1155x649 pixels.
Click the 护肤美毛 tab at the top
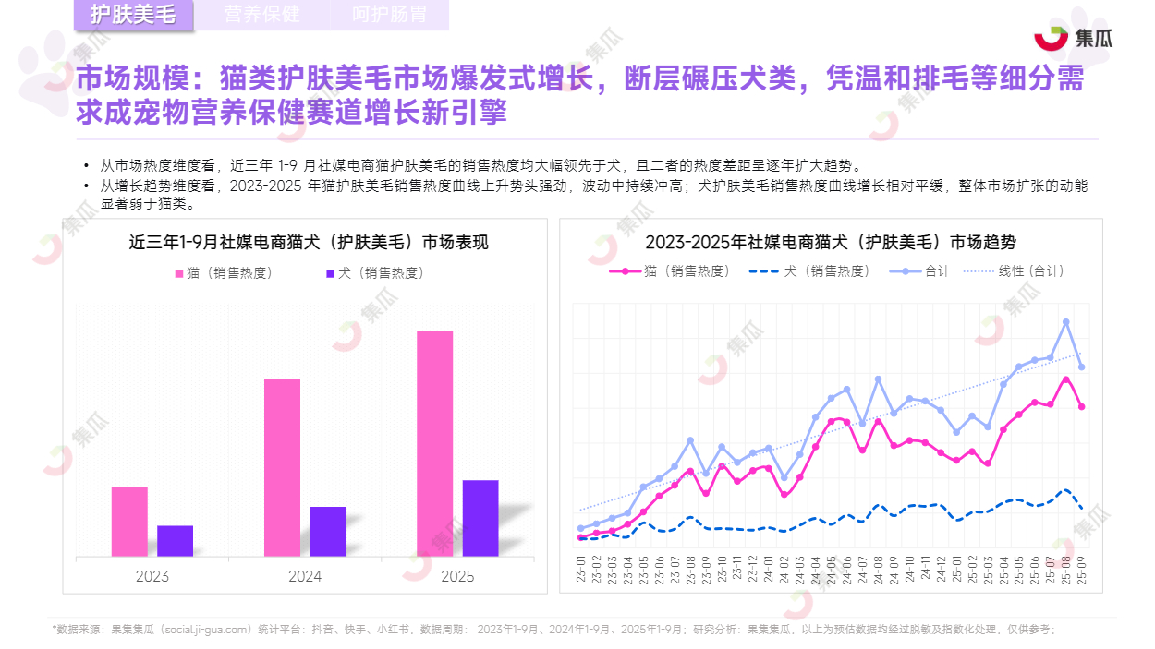(x=134, y=15)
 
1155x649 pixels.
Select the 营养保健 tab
(x=261, y=15)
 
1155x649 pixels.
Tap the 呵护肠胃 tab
(x=389, y=15)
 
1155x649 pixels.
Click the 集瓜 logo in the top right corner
(x=1073, y=38)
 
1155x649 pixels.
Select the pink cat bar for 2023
(x=129, y=521)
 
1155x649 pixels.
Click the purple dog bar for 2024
(x=328, y=531)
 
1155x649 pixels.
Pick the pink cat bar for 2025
(x=434, y=443)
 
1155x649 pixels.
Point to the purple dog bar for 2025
(x=480, y=518)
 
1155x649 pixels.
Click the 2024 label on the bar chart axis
(x=305, y=576)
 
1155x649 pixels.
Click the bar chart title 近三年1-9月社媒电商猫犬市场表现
(x=308, y=243)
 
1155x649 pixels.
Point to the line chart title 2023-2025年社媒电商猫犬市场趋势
(x=830, y=242)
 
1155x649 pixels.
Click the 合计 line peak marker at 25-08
(x=1065, y=322)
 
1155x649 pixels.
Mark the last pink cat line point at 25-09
(x=1081, y=406)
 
